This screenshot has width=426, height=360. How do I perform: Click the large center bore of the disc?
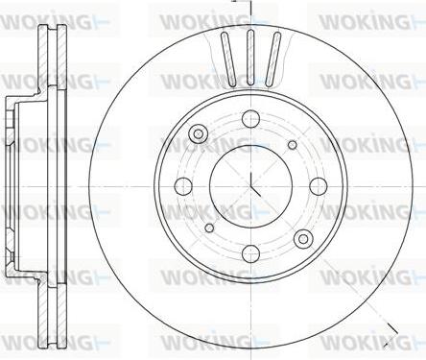(x=250, y=186)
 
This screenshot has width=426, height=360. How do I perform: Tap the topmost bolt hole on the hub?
(x=250, y=119)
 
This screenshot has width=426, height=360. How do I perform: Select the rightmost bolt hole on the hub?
(x=319, y=186)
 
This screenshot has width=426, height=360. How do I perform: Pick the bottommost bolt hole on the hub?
(x=250, y=253)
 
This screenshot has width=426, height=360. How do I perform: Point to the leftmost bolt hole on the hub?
(x=183, y=186)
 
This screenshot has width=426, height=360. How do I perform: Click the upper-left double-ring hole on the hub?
(x=198, y=133)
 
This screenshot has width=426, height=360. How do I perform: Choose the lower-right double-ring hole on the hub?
(x=304, y=239)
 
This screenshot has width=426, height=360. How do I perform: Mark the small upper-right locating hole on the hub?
(x=293, y=145)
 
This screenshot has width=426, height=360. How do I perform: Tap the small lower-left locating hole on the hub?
(x=209, y=228)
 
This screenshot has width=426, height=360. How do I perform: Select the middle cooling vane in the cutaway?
(x=251, y=58)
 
